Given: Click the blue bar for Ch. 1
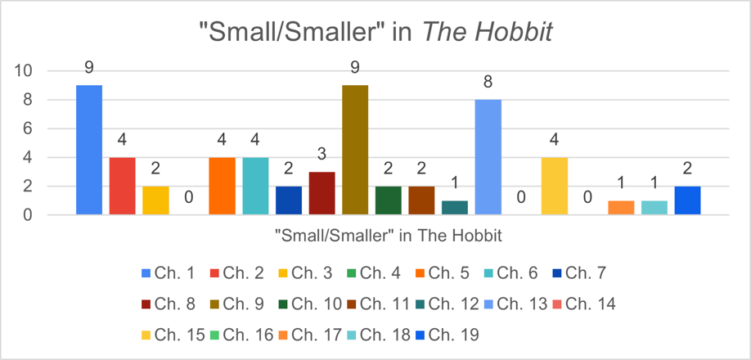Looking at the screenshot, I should pos(89,150).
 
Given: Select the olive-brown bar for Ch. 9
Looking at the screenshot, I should pos(355,150).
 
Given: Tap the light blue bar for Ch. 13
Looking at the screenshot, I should pos(488,157).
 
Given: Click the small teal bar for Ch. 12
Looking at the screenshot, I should pos(455,207).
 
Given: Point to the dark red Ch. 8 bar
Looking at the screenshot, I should pos(322,193).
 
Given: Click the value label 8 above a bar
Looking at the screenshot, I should pos(488,82).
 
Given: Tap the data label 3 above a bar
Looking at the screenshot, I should pos(322,155).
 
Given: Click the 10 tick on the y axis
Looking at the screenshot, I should pos(24,71).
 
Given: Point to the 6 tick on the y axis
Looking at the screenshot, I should pos(28,128).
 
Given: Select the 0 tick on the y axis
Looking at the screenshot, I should pos(28,215).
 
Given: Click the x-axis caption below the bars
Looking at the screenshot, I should pos(388,235).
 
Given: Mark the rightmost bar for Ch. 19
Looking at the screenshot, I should pos(687,200).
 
